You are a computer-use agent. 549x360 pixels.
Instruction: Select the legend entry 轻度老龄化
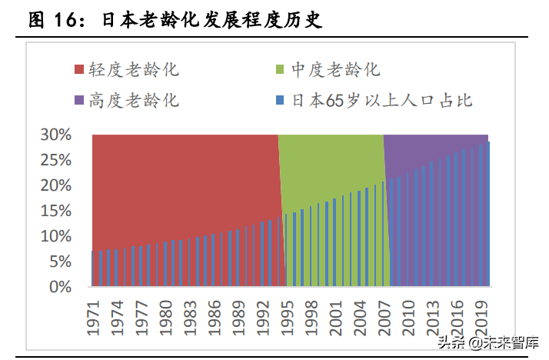click(133, 70)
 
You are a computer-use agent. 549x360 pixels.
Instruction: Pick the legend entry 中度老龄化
click(335, 70)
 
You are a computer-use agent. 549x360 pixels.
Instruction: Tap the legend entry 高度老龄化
click(133, 100)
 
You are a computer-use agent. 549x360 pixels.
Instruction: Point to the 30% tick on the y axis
click(56, 135)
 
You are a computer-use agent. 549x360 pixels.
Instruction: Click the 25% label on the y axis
click(56, 160)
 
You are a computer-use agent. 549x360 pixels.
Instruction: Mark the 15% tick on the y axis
click(56, 211)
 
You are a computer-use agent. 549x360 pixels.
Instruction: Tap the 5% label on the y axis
click(60, 262)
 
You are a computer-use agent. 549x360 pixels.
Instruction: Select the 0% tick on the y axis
click(60, 287)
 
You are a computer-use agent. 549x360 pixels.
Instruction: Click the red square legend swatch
click(79, 70)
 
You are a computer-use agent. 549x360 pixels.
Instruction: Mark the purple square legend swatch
click(79, 101)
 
